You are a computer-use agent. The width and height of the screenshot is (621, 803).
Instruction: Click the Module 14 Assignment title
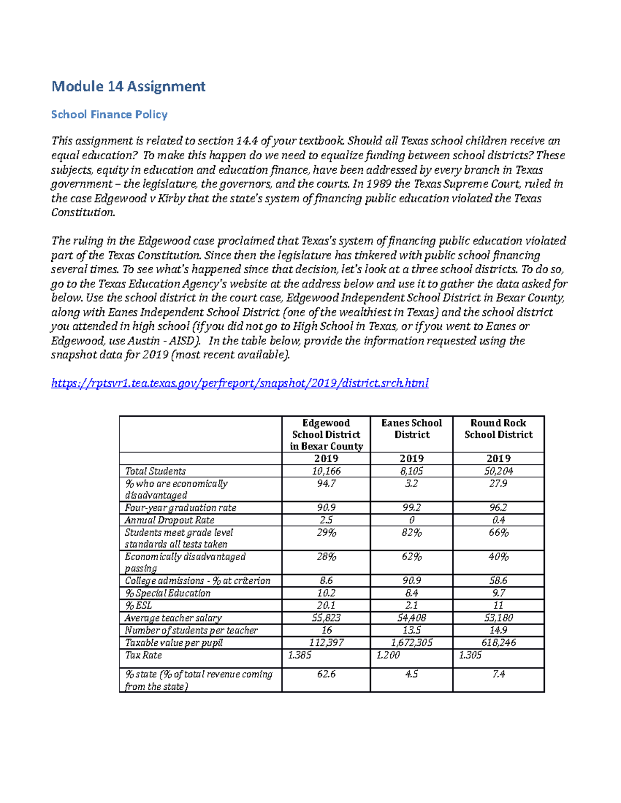[128, 86]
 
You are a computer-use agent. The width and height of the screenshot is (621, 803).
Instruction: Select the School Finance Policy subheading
[109, 114]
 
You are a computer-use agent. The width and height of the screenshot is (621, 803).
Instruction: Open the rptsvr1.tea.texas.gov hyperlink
[240, 383]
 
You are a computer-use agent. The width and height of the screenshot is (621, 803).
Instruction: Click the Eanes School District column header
[411, 429]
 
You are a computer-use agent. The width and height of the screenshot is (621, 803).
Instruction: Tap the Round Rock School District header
[498, 429]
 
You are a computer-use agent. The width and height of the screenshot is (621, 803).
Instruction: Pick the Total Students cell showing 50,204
[498, 471]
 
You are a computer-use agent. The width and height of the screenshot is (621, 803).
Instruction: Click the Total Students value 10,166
[326, 471]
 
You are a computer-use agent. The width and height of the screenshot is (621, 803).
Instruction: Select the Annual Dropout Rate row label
[169, 520]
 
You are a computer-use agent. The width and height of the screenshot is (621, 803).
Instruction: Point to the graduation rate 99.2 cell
[411, 508]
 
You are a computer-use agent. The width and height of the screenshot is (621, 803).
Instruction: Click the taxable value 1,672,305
[411, 643]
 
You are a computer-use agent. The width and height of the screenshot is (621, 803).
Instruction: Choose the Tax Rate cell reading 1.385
[300, 655]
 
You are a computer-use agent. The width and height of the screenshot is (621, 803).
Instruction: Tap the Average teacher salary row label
[173, 618]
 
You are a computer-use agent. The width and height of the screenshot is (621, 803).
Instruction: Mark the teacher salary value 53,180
[498, 618]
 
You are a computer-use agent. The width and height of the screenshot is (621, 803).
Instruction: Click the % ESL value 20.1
[326, 605]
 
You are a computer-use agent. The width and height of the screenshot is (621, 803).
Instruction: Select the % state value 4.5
[411, 674]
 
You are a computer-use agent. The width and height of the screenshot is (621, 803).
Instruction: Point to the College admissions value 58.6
[498, 581]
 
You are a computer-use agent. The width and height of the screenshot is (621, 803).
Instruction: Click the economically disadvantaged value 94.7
[326, 483]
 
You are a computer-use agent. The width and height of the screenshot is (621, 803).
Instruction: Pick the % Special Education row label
[168, 593]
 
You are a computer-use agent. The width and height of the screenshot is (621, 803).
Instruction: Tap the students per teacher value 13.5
[411, 630]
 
